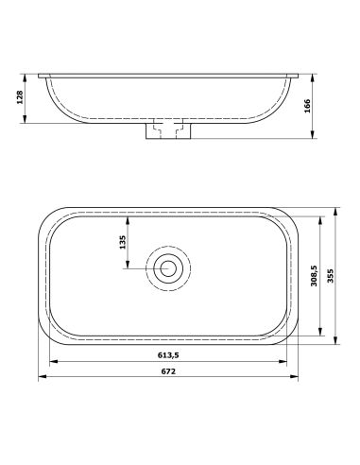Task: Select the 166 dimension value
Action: coord(334,104)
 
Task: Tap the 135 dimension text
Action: coord(122,242)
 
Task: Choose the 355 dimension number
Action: coord(331,276)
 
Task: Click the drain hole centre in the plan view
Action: coord(169,267)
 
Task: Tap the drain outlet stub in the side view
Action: coord(169,129)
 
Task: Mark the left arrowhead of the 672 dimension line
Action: coord(41,379)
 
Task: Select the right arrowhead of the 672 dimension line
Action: coord(299,379)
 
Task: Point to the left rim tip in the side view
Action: coord(41,73)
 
